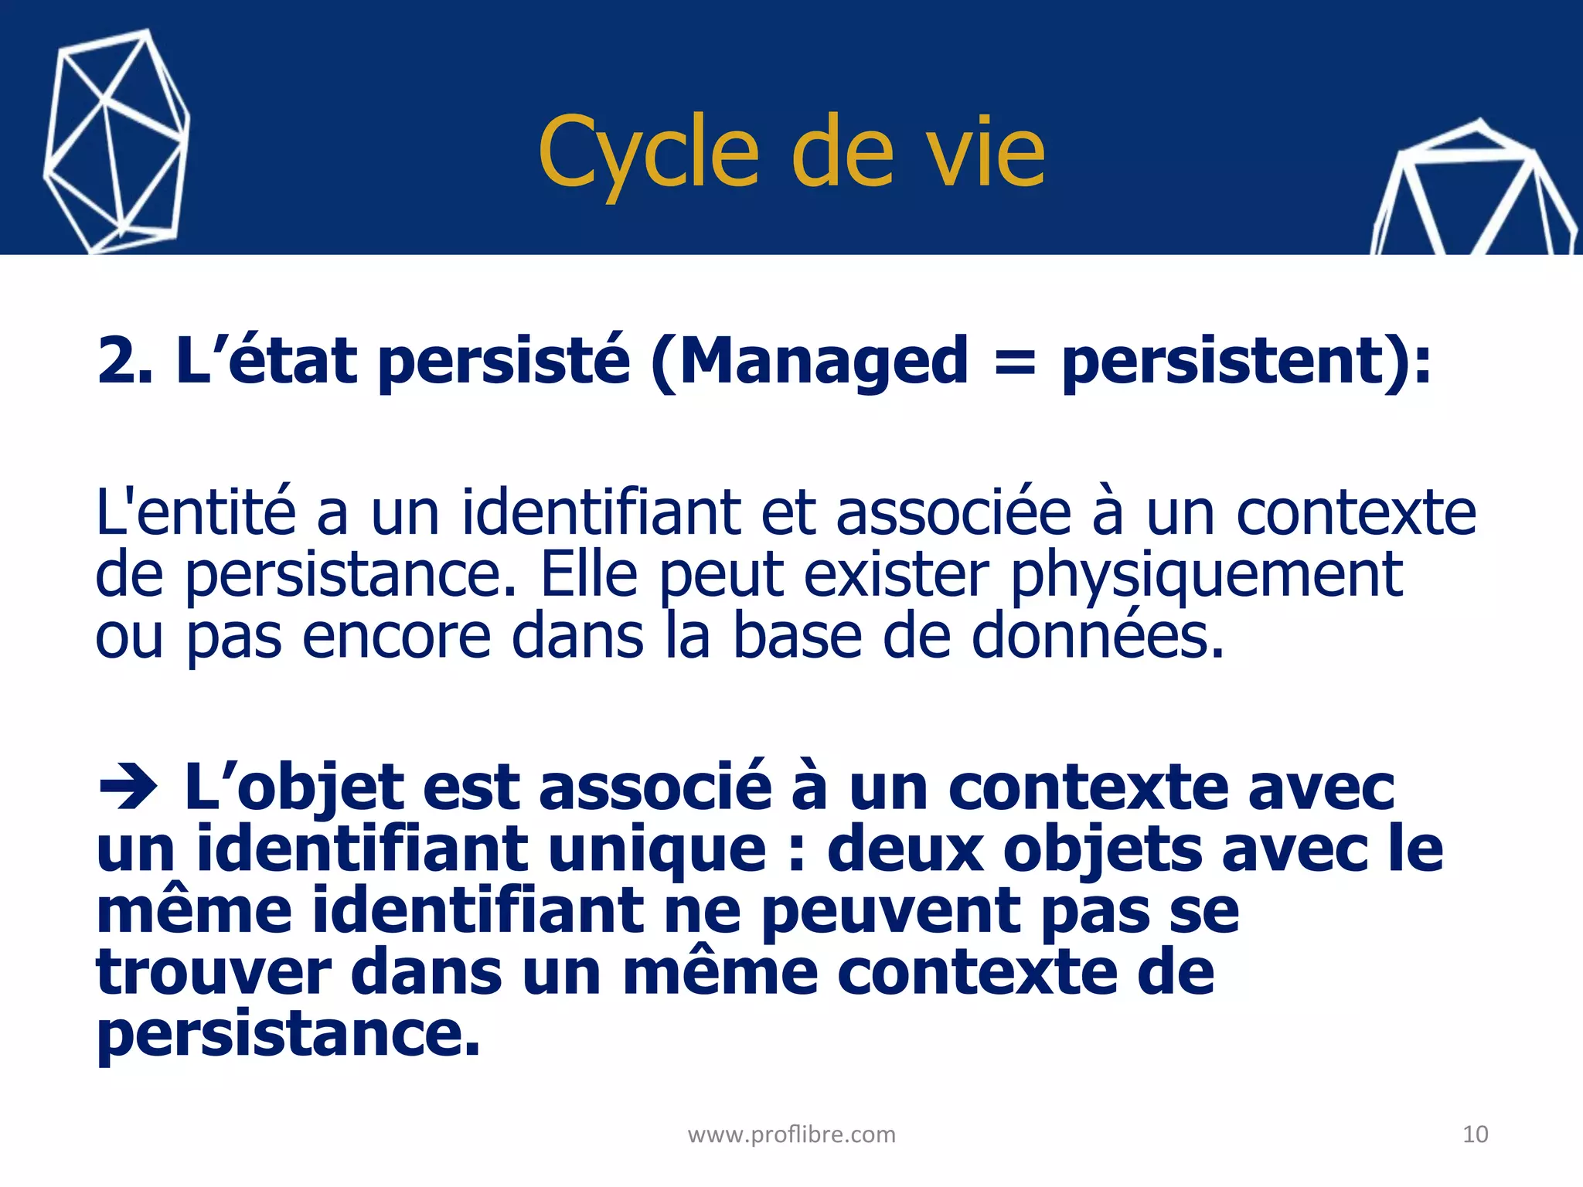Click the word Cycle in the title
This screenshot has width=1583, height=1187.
point(648,152)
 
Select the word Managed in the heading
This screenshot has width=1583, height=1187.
point(823,362)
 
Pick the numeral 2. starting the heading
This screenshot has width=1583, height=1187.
point(124,362)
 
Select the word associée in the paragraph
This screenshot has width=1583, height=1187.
point(954,512)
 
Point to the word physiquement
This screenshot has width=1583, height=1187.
point(1207,576)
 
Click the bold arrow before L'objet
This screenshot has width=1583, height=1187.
point(128,789)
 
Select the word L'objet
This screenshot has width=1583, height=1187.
point(294,789)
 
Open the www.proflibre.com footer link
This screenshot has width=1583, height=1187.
point(791,1134)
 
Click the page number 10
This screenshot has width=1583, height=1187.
point(1475,1134)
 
